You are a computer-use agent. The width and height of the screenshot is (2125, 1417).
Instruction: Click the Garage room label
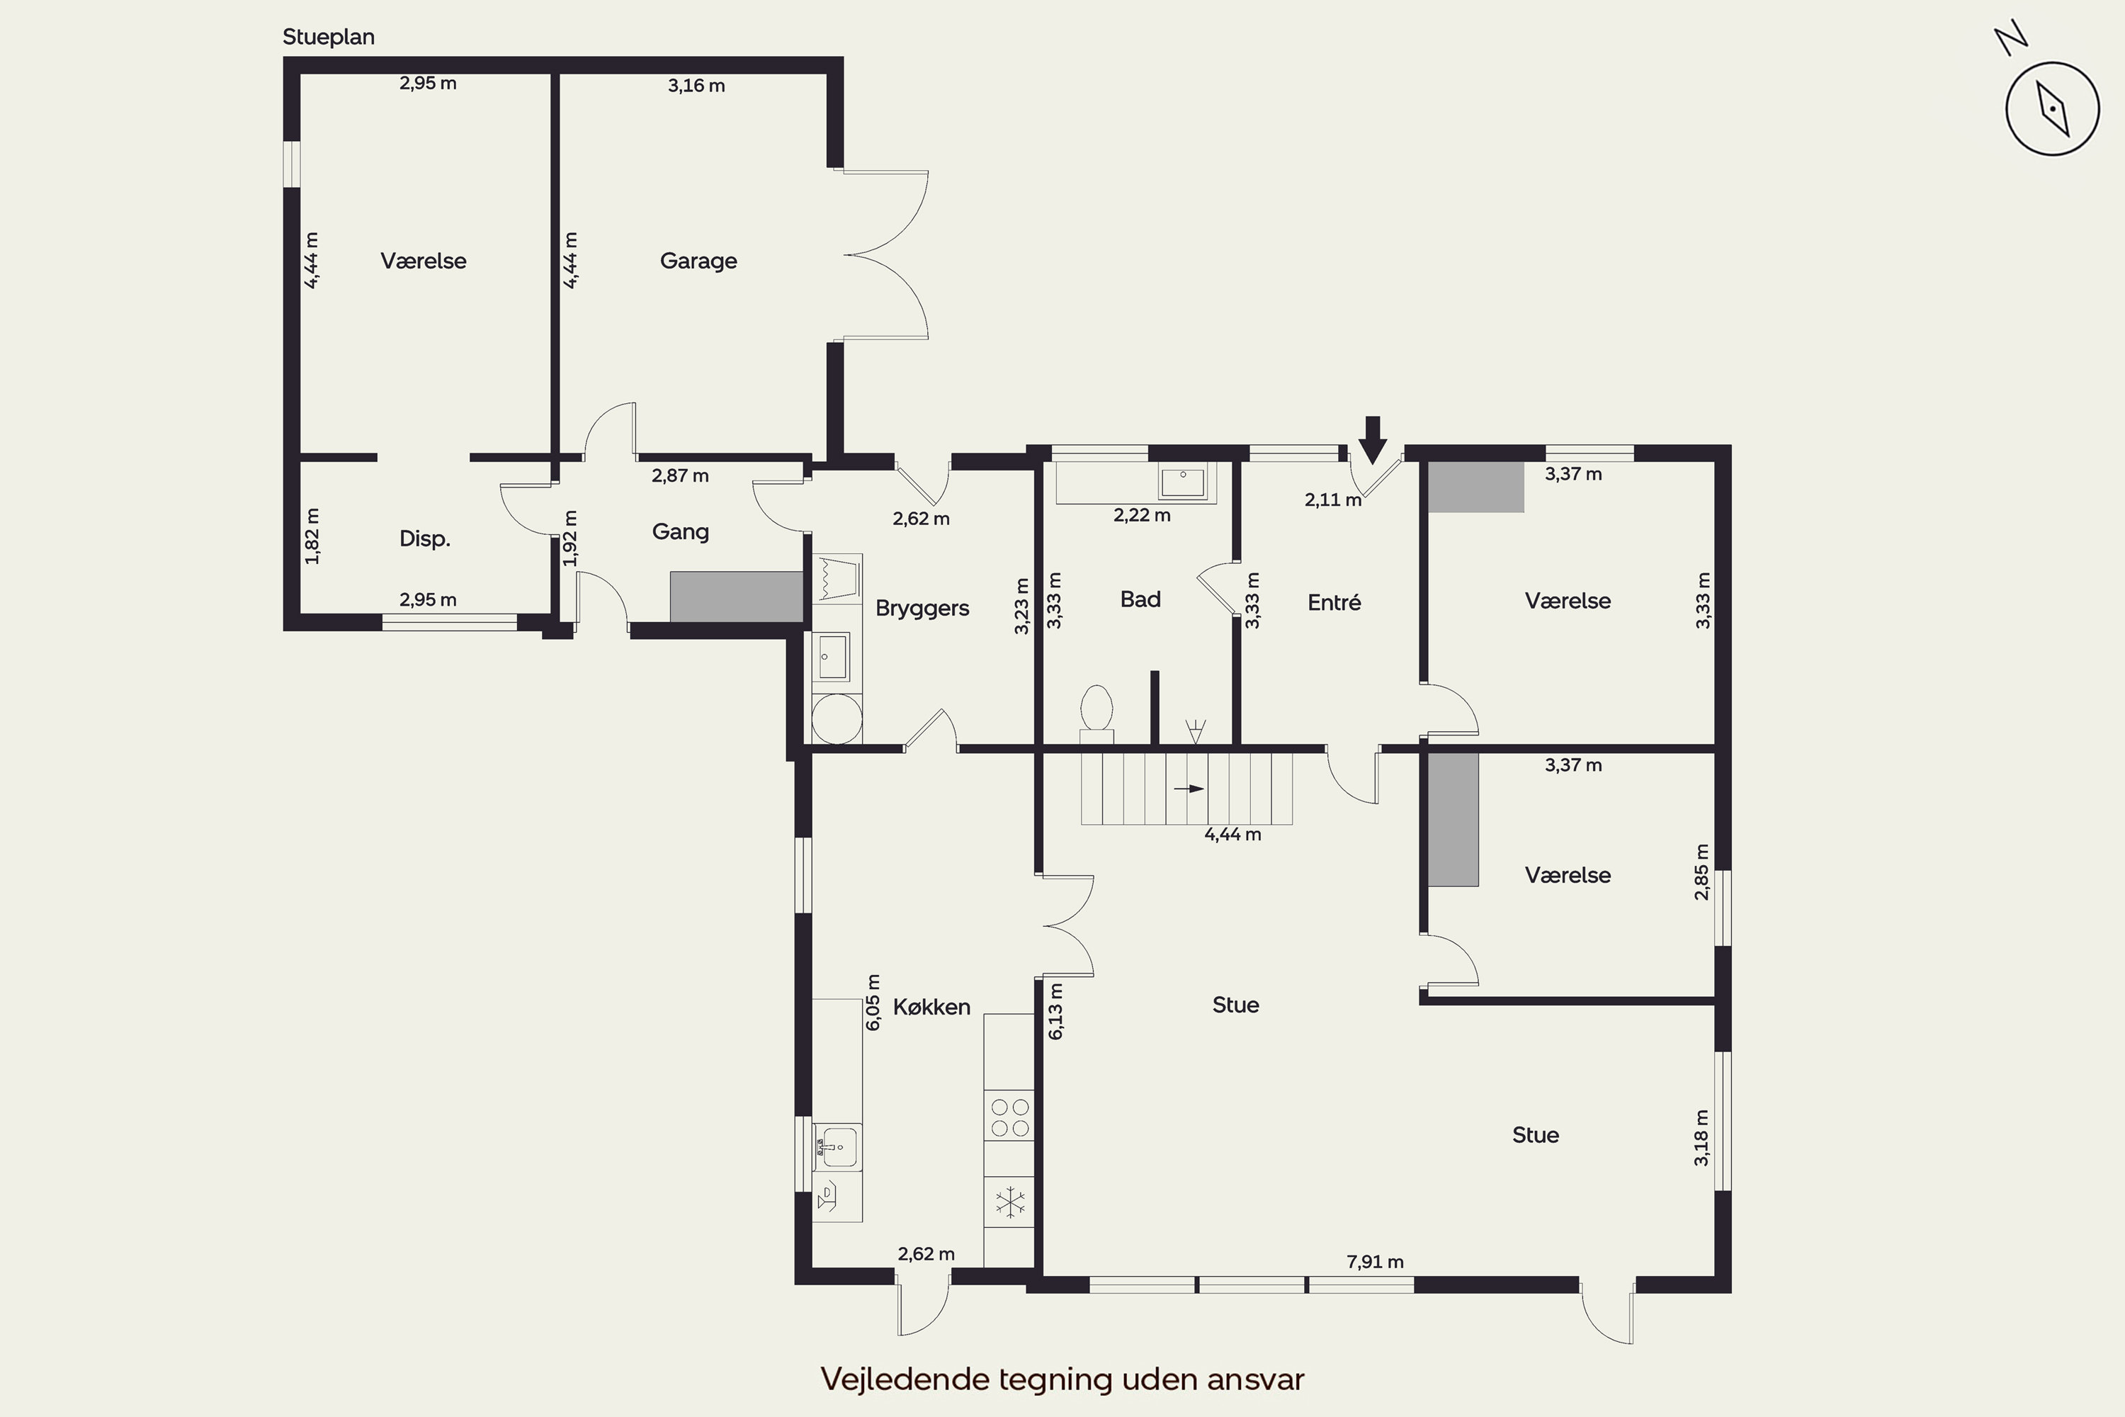tap(698, 261)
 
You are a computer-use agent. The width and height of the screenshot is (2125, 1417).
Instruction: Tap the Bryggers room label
tap(922, 608)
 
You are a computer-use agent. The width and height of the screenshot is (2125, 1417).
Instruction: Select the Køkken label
tap(931, 1007)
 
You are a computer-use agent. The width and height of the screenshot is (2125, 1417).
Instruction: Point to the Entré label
tap(1334, 603)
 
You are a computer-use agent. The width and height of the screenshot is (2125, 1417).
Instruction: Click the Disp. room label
tap(424, 539)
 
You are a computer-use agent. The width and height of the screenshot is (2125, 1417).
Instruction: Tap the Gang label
tap(680, 532)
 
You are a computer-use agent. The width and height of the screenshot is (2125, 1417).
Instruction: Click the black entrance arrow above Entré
tap(1373, 440)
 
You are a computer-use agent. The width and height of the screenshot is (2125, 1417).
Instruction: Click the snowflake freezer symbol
tap(1009, 1202)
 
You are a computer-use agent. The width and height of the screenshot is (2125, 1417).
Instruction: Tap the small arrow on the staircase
tap(1189, 789)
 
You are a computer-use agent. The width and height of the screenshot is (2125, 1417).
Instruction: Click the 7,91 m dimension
tap(1375, 1262)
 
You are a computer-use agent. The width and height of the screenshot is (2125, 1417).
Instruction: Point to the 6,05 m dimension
tap(873, 1003)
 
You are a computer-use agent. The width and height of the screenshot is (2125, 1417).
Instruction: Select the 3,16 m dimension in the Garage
tap(696, 86)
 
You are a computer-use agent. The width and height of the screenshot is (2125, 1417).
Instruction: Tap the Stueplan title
tap(328, 37)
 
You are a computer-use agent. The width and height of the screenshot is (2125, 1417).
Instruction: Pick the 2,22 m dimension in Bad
tap(1142, 516)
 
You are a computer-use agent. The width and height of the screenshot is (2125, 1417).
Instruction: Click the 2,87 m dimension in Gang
tap(680, 475)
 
